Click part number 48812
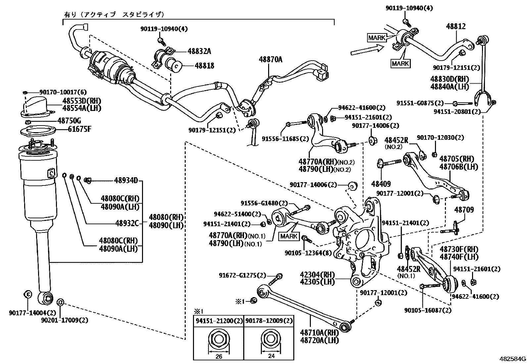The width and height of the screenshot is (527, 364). [457, 26]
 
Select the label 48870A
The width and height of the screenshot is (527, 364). [270, 59]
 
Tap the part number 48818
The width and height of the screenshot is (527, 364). [204, 66]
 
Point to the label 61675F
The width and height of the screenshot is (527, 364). [79, 129]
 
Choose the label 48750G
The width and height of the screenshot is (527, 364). [69, 121]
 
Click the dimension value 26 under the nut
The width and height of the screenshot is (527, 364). [218, 357]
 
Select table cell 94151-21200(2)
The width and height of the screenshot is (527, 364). [219, 321]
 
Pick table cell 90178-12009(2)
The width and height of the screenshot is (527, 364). [269, 321]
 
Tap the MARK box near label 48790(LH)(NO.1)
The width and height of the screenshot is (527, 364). [289, 236]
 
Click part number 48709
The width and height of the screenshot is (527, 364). [464, 210]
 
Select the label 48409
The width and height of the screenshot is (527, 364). [381, 183]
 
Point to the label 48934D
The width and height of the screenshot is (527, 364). [126, 181]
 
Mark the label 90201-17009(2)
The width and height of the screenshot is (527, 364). [65, 320]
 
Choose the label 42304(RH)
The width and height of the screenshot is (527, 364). [317, 275]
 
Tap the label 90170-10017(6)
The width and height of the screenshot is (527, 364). [58, 92]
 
